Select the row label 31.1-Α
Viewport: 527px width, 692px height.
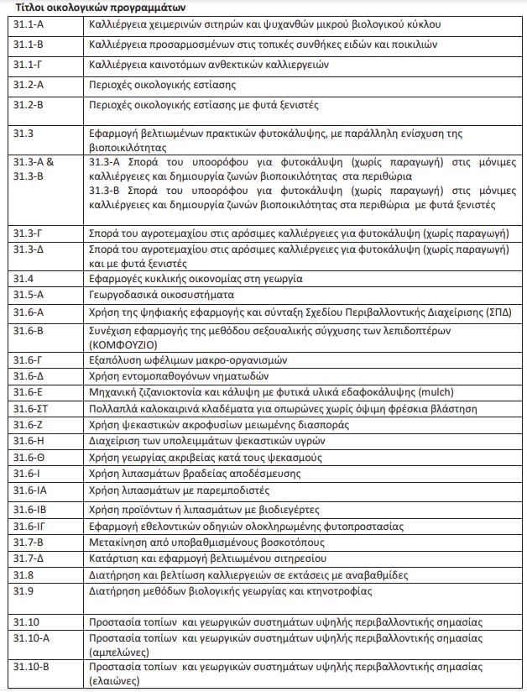(29, 24)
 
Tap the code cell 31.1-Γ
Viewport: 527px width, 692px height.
(29, 64)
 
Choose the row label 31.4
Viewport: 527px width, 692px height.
(23, 278)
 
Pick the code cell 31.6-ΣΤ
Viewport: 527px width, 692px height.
(31, 409)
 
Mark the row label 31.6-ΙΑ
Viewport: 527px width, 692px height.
(30, 490)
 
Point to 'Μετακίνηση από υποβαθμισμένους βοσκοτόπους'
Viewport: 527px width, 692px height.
(207, 543)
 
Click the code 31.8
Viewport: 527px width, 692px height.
(23, 574)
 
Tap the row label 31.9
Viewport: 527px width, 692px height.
(23, 590)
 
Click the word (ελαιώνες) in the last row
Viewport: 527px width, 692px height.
(115, 681)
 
